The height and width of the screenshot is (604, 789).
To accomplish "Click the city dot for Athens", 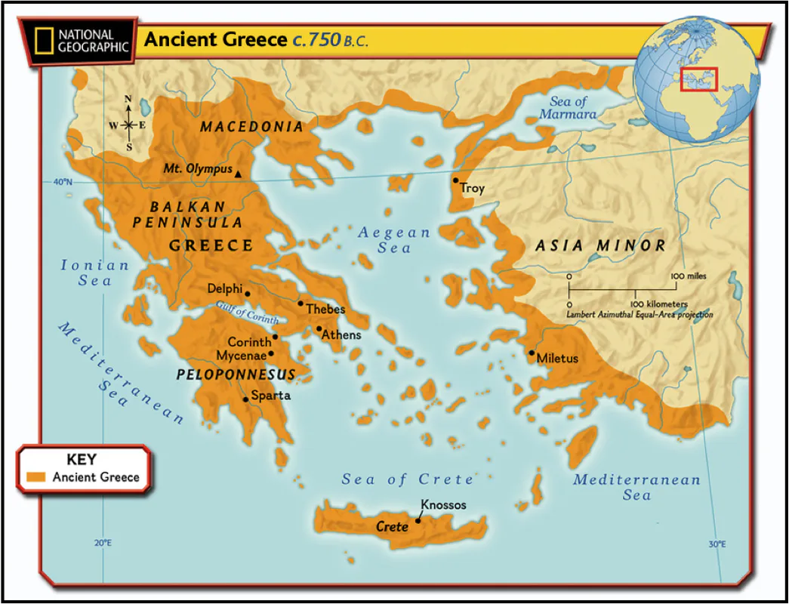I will [319, 329].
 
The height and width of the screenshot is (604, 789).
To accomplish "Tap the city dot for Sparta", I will [245, 399].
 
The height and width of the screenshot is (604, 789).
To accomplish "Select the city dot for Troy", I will [455, 180].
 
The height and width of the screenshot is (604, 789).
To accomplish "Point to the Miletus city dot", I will [532, 353].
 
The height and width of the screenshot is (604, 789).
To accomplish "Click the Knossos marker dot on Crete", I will [418, 520].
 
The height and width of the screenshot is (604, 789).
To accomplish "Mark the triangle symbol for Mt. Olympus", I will [238, 174].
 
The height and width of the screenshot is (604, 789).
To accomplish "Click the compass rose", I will [128, 124].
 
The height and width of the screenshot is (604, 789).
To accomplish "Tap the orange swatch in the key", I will [36, 477].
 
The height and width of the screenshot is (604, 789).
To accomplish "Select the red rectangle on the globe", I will [698, 79].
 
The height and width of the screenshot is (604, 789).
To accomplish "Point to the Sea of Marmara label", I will [569, 108].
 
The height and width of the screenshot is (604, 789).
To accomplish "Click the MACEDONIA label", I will [251, 127].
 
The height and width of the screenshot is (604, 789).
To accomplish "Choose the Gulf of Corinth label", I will [247, 313].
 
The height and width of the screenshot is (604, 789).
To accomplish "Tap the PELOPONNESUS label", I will [236, 374].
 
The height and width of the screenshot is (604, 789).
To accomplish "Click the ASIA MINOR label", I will [600, 245].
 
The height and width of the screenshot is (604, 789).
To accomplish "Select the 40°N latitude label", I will [62, 182].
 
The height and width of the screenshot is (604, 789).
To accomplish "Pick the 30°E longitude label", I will [717, 544].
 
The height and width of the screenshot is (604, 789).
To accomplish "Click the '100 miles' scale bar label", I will [688, 276].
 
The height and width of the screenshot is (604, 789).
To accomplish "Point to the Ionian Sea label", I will [95, 273].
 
